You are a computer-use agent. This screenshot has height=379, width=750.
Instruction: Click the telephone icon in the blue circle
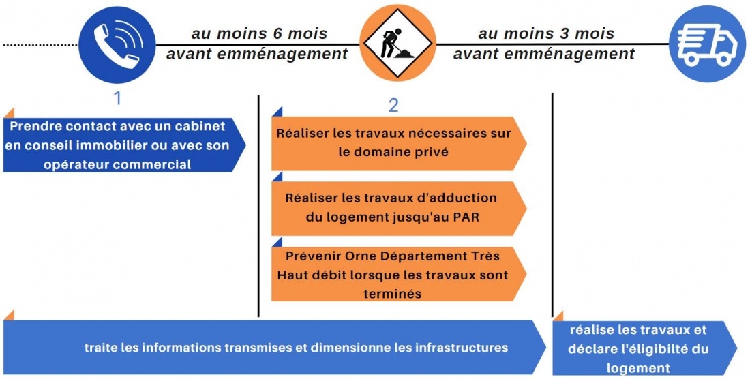point(117,44)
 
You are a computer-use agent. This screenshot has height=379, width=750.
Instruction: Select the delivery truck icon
point(708,44)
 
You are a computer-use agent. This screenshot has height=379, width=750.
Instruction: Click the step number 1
point(117,98)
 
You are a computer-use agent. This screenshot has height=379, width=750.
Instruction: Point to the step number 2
point(393,105)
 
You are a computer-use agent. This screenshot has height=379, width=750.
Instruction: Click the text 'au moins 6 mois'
point(259,34)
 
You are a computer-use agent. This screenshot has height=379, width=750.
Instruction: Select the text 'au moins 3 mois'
point(546,34)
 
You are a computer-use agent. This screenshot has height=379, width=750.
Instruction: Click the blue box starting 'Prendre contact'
point(124,145)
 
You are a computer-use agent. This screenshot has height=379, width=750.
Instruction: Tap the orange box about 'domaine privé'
point(399,143)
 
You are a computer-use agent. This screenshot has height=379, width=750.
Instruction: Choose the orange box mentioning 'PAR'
point(399,208)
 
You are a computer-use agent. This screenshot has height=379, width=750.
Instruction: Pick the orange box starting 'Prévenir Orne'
point(399,274)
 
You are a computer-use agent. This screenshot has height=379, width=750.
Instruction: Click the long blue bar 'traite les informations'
point(275,347)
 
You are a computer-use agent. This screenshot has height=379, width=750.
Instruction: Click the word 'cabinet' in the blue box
point(200,127)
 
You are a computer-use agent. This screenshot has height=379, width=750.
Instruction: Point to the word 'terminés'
point(392,294)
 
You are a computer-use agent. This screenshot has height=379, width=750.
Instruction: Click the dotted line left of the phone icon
point(40,45)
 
